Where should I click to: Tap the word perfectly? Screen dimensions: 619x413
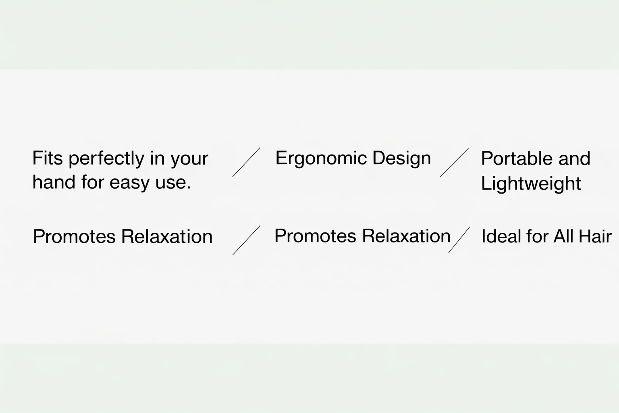tap(106, 159)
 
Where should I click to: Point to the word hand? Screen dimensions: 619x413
tap(54, 182)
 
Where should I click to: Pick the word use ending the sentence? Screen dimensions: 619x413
tap(173, 184)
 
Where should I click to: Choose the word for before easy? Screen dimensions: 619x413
tap(92, 182)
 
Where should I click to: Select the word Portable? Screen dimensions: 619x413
tap(517, 159)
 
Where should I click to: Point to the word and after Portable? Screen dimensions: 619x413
tap(574, 159)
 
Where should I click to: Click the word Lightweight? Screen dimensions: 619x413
tap(531, 184)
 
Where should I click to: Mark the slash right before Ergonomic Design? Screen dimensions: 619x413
tap(246, 162)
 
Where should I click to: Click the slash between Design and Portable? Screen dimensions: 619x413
tap(454, 163)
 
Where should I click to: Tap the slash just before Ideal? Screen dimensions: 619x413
tap(459, 240)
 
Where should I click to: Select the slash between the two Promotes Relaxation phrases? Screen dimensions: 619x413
tap(247, 240)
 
